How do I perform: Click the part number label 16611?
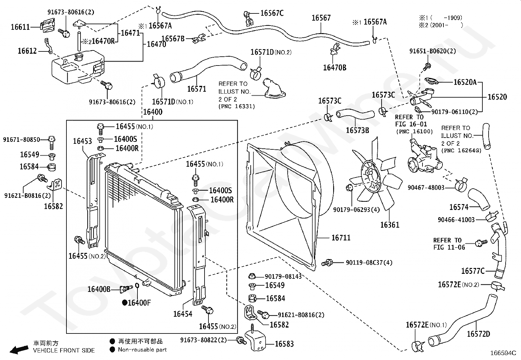coord(20,27)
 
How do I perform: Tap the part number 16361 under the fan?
coord(390,225)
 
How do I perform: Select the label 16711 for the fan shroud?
coord(341,238)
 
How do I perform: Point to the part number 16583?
coord(284,344)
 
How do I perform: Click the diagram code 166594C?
coord(503,353)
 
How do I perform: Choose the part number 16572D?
coord(478,334)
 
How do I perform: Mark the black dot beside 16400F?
coord(124,303)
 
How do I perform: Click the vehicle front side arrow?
coord(19,349)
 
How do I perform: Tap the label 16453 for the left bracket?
coord(82,141)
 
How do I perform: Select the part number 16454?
coord(183,314)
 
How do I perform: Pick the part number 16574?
coord(459,207)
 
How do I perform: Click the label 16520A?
coord(465,82)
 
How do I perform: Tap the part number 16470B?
coord(334,67)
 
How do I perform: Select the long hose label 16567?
coord(321,18)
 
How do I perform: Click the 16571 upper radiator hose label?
coord(196,89)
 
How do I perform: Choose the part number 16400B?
coord(99,289)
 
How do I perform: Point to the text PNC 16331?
coord(236,106)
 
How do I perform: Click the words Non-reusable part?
coord(142,350)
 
